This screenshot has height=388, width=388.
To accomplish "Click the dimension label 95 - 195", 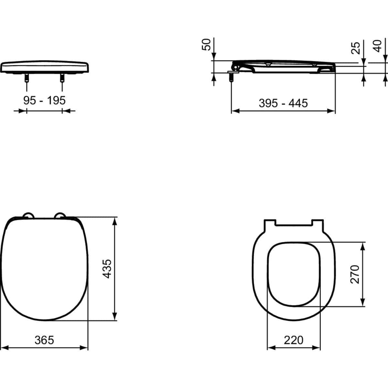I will pos(44,100).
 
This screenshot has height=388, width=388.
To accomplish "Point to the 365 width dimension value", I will pos(44,340).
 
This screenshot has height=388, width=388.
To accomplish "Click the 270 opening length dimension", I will pos(355,274).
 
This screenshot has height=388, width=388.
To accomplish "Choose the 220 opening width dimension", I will pos(294,340).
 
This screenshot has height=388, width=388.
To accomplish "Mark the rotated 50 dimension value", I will pos(206,44).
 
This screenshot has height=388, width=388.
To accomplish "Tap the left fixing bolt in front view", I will pos(26,78).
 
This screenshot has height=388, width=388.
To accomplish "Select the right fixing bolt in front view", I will pos(62,78).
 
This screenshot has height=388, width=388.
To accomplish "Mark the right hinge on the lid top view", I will pos(60,216).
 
